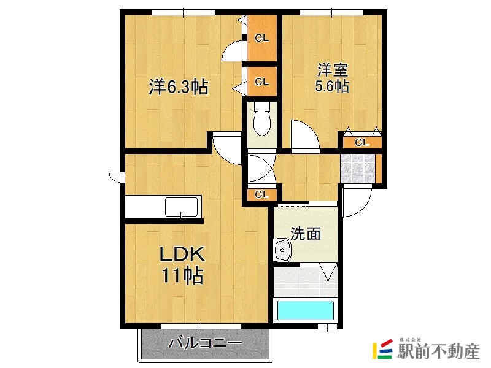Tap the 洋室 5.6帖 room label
click(332, 78)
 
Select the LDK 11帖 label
click(182, 265)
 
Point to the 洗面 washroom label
click(306, 234)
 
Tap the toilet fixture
click(261, 118)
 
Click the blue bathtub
click(305, 310)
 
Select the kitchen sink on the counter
click(182, 207)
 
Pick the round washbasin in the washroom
click(283, 250)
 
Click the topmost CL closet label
click(262, 38)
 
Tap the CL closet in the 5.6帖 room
click(362, 143)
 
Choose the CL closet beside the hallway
click(262, 194)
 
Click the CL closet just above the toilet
click(262, 82)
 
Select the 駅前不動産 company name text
click(438, 351)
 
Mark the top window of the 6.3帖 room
click(184, 12)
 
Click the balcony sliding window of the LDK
click(201, 326)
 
